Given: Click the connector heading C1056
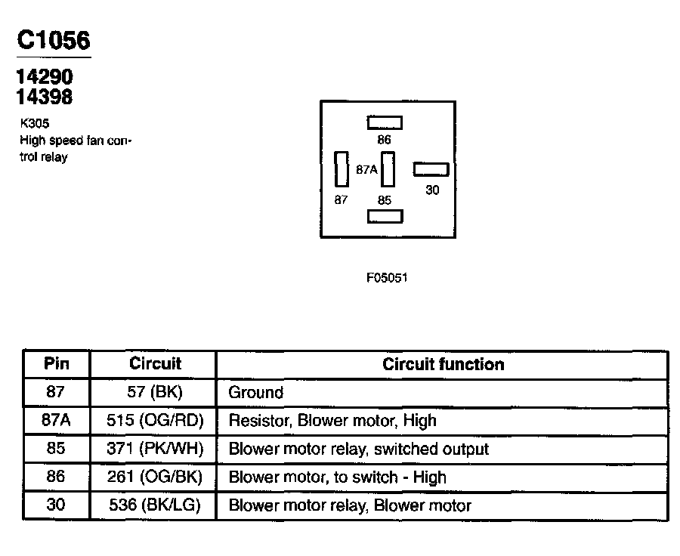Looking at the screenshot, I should click(x=54, y=41).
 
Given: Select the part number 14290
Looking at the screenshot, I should click(x=45, y=78).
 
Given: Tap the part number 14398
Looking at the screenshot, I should click(x=45, y=97).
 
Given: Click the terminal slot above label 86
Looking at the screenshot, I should click(x=385, y=122).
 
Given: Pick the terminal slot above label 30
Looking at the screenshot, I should click(x=431, y=169).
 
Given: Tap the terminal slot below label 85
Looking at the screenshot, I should click(x=385, y=217).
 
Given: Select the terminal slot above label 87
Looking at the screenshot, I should click(x=341, y=169).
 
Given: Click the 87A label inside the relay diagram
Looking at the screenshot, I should click(x=366, y=170).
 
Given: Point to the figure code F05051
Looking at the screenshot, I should click(x=387, y=277).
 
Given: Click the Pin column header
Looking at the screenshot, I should click(x=57, y=363).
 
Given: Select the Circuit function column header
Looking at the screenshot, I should click(x=443, y=364).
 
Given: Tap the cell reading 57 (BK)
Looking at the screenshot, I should click(x=155, y=392).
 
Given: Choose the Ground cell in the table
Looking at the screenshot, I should click(x=256, y=392).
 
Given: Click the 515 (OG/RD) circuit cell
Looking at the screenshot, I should click(x=155, y=420).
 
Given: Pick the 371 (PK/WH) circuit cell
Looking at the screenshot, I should click(x=155, y=449).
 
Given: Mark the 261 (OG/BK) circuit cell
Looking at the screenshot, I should click(x=155, y=477).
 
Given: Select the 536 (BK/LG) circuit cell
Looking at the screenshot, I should click(x=155, y=505).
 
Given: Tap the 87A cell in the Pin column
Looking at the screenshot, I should click(x=56, y=420).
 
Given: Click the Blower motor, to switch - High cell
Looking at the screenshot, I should click(x=337, y=477).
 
